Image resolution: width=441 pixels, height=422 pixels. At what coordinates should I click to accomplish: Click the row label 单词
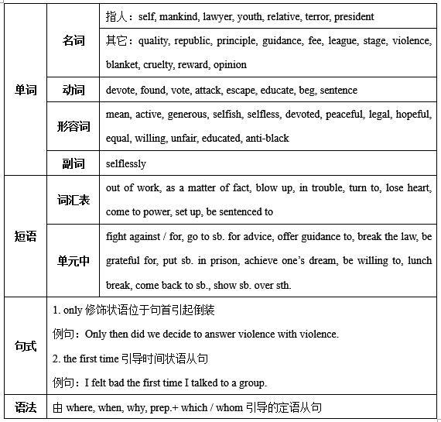point(26,90)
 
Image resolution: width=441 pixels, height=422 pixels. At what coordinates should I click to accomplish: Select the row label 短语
point(26,236)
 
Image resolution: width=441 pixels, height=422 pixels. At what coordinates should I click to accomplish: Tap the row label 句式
point(26,345)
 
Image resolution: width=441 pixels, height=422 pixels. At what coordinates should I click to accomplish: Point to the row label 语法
point(26,407)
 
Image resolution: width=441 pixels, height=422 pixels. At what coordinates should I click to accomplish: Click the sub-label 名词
point(74,41)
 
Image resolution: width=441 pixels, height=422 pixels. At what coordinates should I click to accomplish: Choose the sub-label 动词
point(74,91)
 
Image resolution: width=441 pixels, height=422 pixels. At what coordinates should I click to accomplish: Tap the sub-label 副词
point(74,163)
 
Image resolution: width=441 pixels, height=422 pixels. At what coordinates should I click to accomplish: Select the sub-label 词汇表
point(74,200)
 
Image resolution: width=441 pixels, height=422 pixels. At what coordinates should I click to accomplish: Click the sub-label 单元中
point(74,261)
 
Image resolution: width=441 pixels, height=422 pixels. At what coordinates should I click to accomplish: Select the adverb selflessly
point(126,163)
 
